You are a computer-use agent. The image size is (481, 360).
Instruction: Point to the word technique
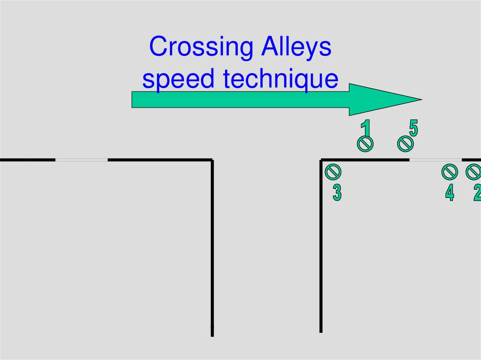click(x=280, y=79)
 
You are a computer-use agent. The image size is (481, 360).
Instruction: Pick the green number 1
click(x=365, y=128)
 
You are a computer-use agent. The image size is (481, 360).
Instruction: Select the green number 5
click(x=413, y=128)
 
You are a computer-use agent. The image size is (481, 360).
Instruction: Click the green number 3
click(x=337, y=193)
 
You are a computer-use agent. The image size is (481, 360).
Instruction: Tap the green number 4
click(x=450, y=193)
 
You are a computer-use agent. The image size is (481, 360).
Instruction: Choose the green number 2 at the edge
click(x=477, y=193)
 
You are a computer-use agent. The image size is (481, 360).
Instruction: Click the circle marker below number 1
click(x=365, y=144)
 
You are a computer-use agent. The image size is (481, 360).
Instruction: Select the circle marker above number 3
click(x=333, y=172)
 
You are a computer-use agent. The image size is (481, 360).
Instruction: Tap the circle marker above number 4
click(x=450, y=172)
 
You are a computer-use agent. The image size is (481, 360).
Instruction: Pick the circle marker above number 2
click(x=473, y=172)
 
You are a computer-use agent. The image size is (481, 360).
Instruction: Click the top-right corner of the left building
click(x=212, y=161)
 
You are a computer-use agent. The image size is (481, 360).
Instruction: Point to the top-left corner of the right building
click(x=321, y=161)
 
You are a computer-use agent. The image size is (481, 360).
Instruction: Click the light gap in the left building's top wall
click(x=81, y=160)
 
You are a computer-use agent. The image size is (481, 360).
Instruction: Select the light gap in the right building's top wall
click(x=435, y=160)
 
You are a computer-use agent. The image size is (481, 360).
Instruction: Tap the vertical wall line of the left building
click(x=212, y=249)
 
